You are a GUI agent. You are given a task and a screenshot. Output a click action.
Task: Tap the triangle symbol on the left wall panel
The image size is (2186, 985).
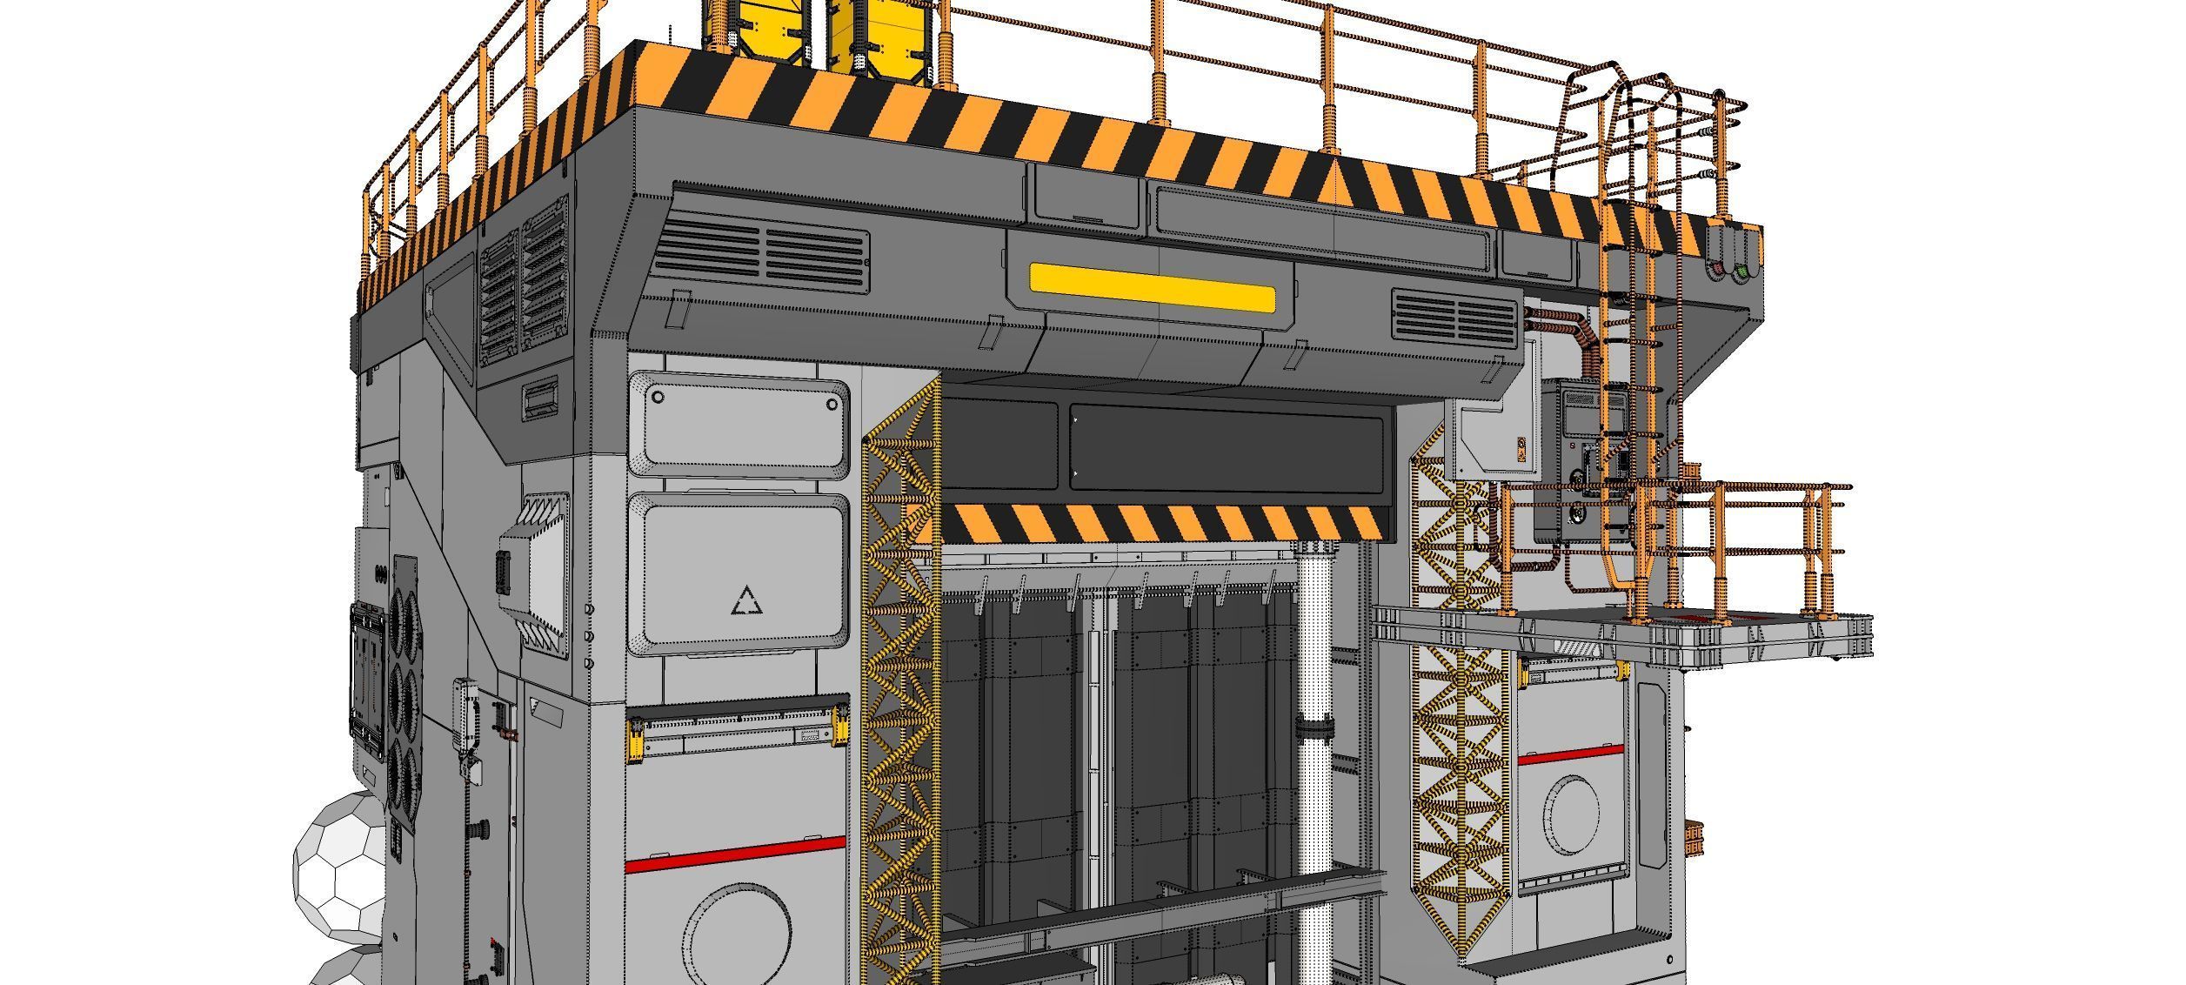pyautogui.click(x=745, y=601)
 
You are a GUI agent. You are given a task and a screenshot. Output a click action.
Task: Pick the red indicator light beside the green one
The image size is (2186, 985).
pyautogui.click(x=1717, y=271)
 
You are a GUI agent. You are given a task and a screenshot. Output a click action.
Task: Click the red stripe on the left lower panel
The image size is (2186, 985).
pyautogui.click(x=735, y=854)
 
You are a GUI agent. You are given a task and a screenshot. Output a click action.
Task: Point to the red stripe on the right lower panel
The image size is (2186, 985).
pyautogui.click(x=1571, y=755)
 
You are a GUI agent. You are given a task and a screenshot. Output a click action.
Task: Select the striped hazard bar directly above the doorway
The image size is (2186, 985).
pyautogui.click(x=1160, y=523)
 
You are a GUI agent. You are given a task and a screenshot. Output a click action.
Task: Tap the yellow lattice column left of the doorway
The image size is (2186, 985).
pyautogui.click(x=901, y=679)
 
